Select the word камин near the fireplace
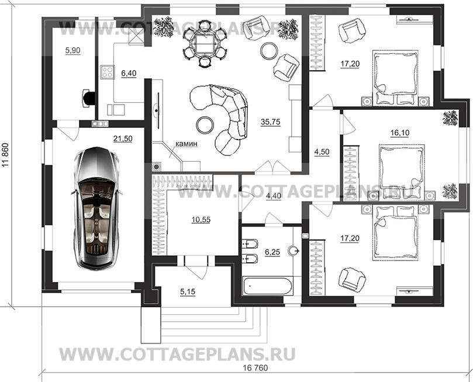[x=187, y=143]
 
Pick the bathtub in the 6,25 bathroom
[x=267, y=287]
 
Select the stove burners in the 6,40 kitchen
[x=108, y=72]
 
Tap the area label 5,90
[x=72, y=51]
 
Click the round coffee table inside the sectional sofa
[x=205, y=124]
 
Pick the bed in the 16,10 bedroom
[x=402, y=168]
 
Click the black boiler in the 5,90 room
[x=89, y=98]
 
